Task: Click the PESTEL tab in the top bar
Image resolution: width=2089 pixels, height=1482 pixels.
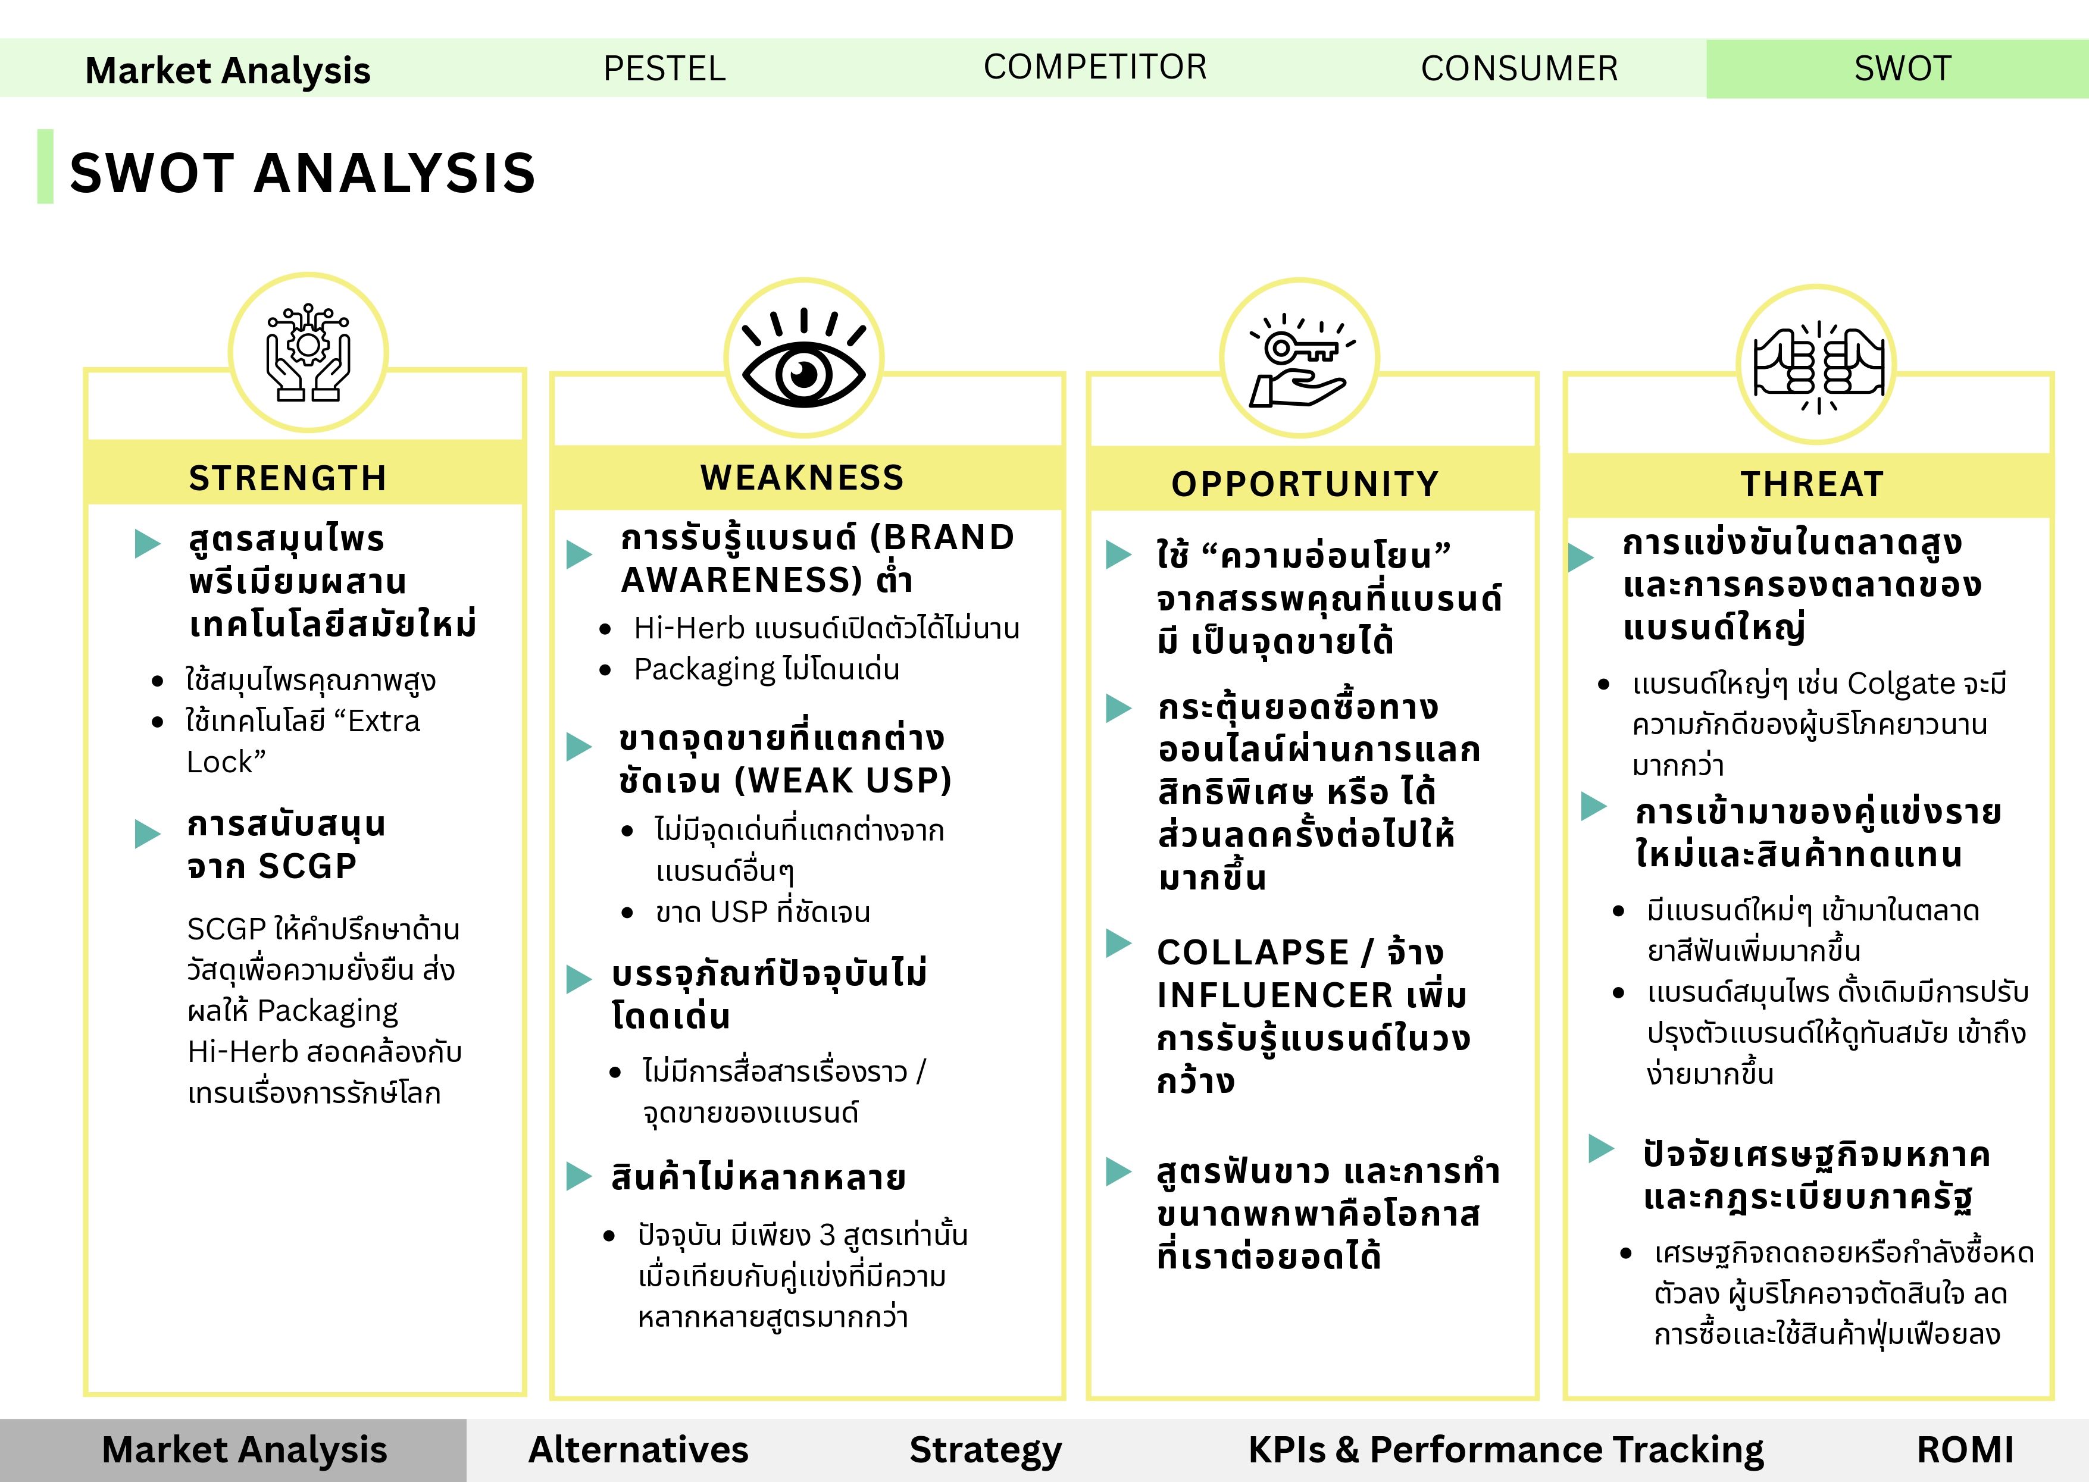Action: tap(664, 68)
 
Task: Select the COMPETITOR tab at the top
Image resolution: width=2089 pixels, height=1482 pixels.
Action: tap(1095, 67)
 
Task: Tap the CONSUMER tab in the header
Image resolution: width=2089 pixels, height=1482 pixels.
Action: tap(1519, 68)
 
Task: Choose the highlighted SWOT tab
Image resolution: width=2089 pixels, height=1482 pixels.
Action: tap(1903, 68)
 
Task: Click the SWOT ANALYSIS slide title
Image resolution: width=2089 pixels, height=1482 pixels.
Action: tap(303, 173)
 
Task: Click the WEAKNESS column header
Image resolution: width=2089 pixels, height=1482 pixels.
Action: tap(802, 477)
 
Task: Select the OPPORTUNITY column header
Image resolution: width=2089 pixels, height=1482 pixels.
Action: tap(1305, 484)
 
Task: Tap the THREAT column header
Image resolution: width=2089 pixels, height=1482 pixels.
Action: tap(1812, 484)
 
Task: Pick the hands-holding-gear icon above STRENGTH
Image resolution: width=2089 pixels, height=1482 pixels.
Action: tap(308, 353)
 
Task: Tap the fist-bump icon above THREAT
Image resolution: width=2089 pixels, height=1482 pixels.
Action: tap(1818, 365)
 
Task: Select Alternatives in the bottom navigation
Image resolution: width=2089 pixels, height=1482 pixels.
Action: tap(638, 1450)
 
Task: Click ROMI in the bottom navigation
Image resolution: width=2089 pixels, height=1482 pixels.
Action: tap(1965, 1450)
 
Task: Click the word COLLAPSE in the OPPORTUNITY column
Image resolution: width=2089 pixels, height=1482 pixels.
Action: tap(1253, 953)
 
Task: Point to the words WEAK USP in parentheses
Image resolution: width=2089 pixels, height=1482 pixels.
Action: tap(842, 780)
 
